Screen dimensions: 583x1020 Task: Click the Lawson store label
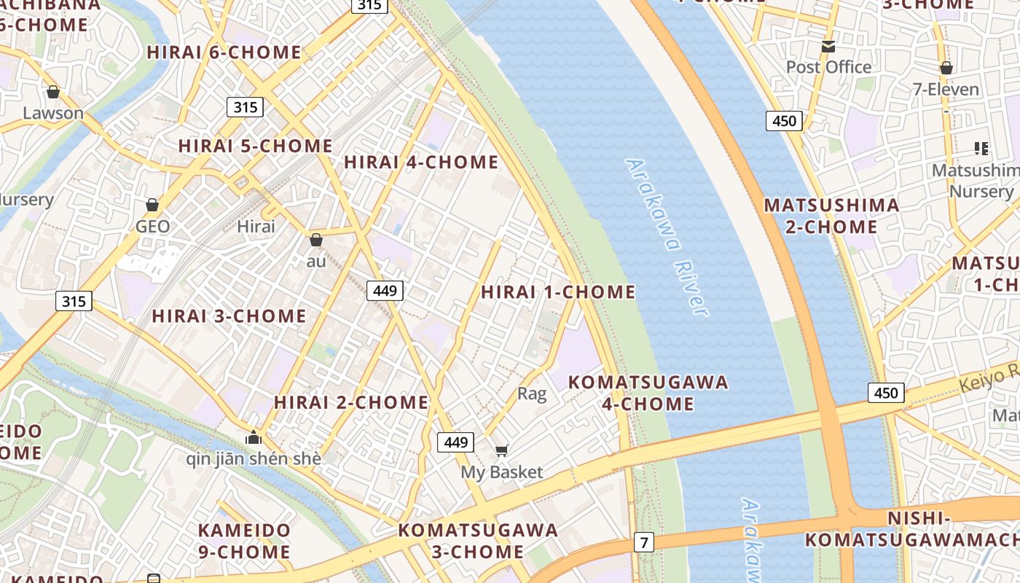(53, 113)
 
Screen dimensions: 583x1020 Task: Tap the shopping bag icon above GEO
(152, 205)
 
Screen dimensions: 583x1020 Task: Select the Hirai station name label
(256, 227)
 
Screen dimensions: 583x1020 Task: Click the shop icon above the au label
(316, 240)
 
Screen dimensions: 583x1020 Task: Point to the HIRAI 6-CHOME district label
(224, 52)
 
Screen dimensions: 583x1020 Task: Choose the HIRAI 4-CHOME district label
(421, 163)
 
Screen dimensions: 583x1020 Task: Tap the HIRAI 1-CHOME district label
(558, 292)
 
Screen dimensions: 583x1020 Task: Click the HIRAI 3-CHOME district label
(229, 316)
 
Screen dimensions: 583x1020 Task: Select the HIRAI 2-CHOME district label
(351, 402)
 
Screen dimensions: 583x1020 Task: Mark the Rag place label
(531, 394)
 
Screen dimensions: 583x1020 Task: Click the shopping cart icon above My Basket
(501, 451)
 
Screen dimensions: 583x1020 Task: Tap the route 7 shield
(643, 542)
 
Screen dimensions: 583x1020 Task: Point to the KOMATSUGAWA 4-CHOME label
(648, 393)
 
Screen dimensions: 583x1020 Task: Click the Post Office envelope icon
(828, 47)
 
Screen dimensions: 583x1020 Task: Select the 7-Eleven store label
(946, 90)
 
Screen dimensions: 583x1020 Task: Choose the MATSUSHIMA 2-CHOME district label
(831, 216)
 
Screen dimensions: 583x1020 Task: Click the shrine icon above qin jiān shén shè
(254, 437)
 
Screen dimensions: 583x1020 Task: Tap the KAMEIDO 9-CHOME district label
(244, 541)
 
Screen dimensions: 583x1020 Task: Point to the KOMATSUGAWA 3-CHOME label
(478, 541)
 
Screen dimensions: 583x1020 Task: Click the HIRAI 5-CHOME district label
(255, 146)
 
